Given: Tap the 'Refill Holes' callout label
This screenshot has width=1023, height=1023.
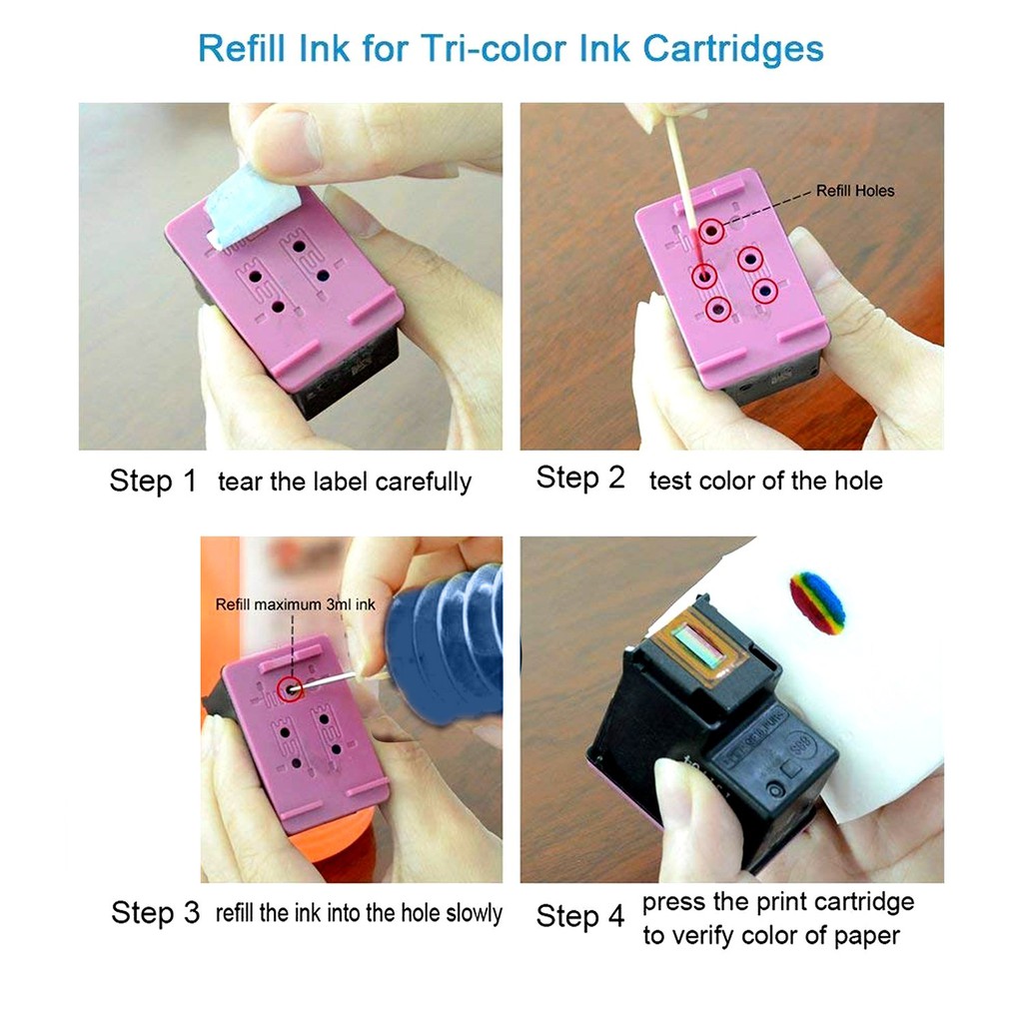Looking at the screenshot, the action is coord(855,191).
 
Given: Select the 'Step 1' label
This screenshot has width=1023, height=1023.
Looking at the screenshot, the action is coord(153,481).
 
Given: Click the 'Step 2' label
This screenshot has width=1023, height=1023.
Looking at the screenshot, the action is coord(580,478).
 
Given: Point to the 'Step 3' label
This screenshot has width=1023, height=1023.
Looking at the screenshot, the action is coord(155,912).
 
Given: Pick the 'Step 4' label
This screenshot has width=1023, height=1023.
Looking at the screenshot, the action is coord(580,915).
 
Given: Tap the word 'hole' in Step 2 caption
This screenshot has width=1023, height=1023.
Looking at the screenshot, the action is coord(858,481).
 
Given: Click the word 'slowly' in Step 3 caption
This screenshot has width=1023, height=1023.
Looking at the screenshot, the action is coord(474,913).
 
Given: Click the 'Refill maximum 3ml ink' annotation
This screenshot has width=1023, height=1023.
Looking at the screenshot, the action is coord(295,604).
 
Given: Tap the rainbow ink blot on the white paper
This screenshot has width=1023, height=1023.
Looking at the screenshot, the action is coord(817,602).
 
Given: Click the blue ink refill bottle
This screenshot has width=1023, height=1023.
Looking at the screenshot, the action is coord(444,646).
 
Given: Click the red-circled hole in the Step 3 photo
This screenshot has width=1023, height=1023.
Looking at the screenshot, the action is coord(291,688).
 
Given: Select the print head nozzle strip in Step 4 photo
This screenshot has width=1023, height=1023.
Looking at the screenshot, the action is coord(699,642).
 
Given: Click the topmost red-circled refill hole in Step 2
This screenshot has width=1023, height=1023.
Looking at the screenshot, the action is coord(711,231).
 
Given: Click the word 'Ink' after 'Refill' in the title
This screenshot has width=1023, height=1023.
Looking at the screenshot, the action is coord(324,48).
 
